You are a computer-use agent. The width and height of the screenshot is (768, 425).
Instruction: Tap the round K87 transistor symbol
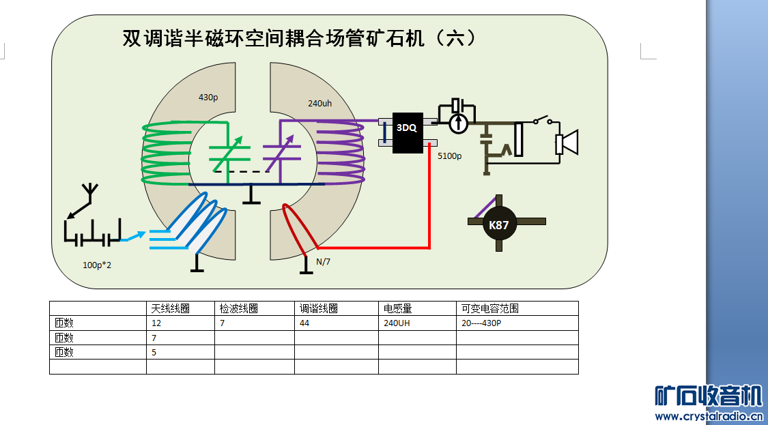(500, 224)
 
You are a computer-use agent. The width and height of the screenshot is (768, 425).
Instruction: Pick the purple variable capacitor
(280, 156)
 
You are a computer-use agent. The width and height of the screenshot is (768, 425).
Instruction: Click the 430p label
(208, 98)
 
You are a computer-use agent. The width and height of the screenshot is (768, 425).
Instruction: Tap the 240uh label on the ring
(319, 103)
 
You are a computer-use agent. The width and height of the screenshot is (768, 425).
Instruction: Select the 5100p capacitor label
(449, 156)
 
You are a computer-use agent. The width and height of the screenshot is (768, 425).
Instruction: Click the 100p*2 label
(97, 264)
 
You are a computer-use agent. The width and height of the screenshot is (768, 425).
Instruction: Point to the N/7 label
(322, 262)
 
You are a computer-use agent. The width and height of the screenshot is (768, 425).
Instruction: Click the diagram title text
(298, 38)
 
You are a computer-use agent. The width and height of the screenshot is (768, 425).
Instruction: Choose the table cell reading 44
(304, 323)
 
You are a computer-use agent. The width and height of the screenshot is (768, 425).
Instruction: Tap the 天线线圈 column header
(170, 308)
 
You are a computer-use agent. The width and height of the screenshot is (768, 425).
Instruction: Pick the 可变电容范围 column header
(490, 308)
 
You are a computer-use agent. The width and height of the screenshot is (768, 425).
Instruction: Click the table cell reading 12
(156, 323)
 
